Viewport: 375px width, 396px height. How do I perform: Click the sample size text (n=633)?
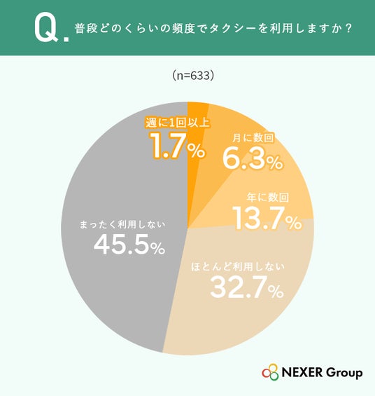click(193, 75)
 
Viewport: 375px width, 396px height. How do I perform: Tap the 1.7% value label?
click(178, 146)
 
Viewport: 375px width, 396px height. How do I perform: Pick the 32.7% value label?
click(247, 287)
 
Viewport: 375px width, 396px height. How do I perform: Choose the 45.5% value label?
click(129, 244)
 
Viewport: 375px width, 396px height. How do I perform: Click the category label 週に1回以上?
click(178, 123)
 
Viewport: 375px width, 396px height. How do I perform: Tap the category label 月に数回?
click(253, 138)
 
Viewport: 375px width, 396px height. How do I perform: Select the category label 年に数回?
click(268, 197)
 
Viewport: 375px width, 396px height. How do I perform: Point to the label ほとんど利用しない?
click(238, 267)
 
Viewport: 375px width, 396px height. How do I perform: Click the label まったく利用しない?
click(122, 224)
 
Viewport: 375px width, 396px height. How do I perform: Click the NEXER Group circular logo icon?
click(270, 372)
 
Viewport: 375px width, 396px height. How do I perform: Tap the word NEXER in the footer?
click(302, 372)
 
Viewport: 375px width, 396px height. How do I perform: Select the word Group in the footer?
click(344, 373)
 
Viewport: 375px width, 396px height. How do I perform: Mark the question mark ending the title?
click(348, 29)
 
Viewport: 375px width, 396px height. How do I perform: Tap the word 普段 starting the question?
click(86, 29)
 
